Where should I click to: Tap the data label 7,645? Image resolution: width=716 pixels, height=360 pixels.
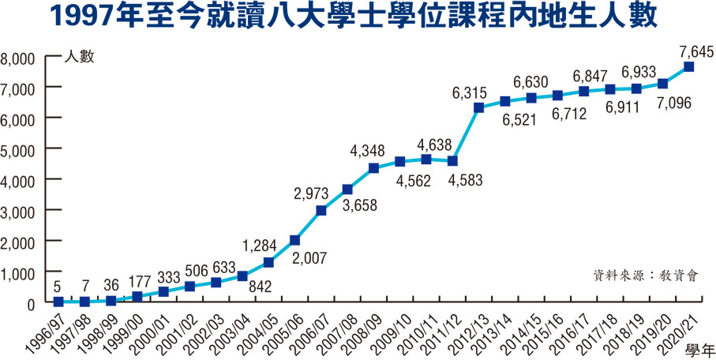(x=695, y=52)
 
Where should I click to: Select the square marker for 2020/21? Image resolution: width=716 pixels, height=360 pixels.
(x=689, y=67)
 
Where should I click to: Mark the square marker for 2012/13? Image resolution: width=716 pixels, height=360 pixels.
(x=478, y=108)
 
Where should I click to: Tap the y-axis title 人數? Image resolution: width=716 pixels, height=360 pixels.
(x=80, y=58)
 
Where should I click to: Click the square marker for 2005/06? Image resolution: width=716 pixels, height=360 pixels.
(x=294, y=240)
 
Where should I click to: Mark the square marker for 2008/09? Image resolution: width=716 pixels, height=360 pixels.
(x=373, y=168)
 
